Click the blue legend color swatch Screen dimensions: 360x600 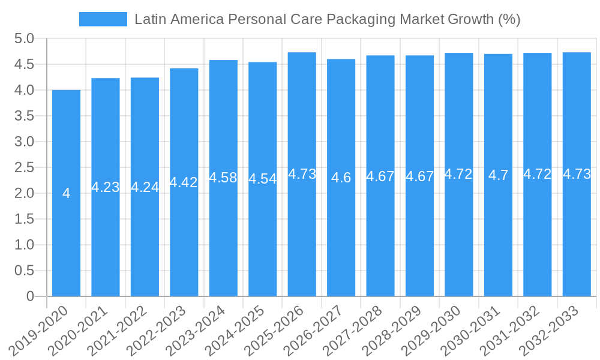click(103, 19)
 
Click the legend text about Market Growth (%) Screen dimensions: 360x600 click(327, 19)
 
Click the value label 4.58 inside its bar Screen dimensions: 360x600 click(223, 178)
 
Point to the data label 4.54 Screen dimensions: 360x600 click(262, 179)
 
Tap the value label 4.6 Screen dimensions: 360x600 click(341, 178)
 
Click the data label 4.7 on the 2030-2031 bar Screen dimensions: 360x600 click(498, 175)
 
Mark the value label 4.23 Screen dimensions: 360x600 click(105, 187)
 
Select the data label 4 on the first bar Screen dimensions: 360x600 click(66, 193)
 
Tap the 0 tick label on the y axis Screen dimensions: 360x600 click(31, 296)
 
